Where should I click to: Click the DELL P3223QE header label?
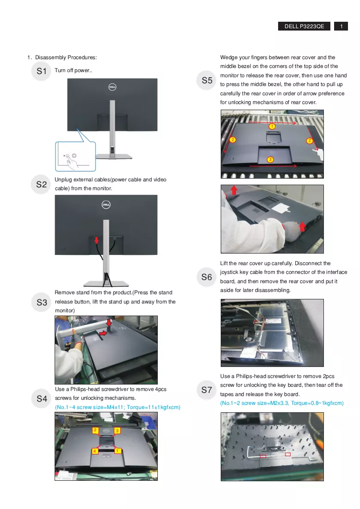pos(304,26)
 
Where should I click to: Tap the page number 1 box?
pos(341,26)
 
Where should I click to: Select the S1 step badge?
pos(41,71)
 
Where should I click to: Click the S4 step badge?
pos(42,398)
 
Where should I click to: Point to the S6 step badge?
pos(206,277)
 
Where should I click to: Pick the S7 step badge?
pos(206,390)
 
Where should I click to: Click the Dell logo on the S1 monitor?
pos(112,87)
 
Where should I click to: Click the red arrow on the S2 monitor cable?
pos(96,240)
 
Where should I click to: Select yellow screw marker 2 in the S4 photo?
pos(95,430)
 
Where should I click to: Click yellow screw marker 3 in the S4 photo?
pos(117,430)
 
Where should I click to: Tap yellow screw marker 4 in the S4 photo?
pos(95,451)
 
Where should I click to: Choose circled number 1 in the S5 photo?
pos(272,126)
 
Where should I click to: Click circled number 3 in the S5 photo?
pos(270,159)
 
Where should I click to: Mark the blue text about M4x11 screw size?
pos(118,407)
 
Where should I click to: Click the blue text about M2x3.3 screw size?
pos(282,403)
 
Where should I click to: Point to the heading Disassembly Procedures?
pos(66,57)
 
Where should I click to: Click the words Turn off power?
pos(74,70)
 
